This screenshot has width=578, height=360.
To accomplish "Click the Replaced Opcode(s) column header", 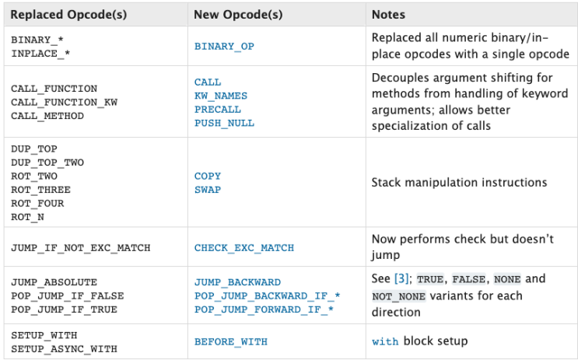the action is point(68,14).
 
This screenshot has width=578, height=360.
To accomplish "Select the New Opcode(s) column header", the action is point(238,14).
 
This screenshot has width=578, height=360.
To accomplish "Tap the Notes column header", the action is point(388,14).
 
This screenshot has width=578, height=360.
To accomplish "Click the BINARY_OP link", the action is point(224,47).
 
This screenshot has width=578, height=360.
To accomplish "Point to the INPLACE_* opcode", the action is point(40,54).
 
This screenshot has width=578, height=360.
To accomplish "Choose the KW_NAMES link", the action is point(221,96).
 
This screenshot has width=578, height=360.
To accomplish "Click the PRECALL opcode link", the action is point(218,110).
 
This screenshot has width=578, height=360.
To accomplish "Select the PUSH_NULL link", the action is point(224,123).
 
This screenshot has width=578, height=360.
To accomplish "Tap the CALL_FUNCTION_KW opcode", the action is point(64,103).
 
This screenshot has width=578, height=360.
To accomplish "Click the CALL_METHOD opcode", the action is point(47,116).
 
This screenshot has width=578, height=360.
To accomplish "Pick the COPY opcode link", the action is point(208,177).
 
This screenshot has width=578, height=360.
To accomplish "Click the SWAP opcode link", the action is point(208,190).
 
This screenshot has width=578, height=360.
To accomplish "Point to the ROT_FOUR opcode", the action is point(37,204).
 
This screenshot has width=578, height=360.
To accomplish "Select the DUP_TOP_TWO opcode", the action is point(47,163).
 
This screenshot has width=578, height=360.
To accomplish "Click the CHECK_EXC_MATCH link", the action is point(244,248).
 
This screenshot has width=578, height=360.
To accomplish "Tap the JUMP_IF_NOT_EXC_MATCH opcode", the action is point(81,248).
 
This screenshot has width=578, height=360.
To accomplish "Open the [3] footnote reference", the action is point(401,278).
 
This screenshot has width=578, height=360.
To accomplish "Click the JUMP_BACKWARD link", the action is point(237,282).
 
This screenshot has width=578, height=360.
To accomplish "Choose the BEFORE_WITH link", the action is point(231,342).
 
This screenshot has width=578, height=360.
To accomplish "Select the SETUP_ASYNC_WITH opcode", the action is point(64,349).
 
